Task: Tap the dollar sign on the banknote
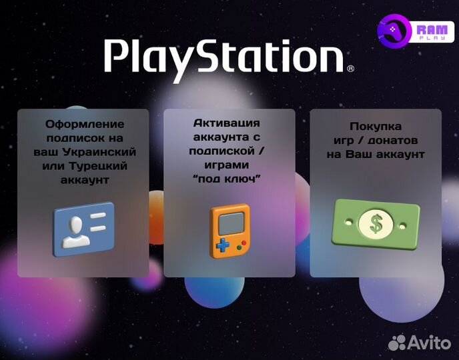pyautogui.click(x=376, y=223)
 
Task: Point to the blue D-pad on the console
pyautogui.click(x=221, y=245)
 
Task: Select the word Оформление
pyautogui.click(x=85, y=124)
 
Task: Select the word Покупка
pyautogui.click(x=376, y=127)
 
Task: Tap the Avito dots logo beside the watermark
pyautogui.click(x=397, y=343)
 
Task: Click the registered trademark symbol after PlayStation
pyautogui.click(x=350, y=68)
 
